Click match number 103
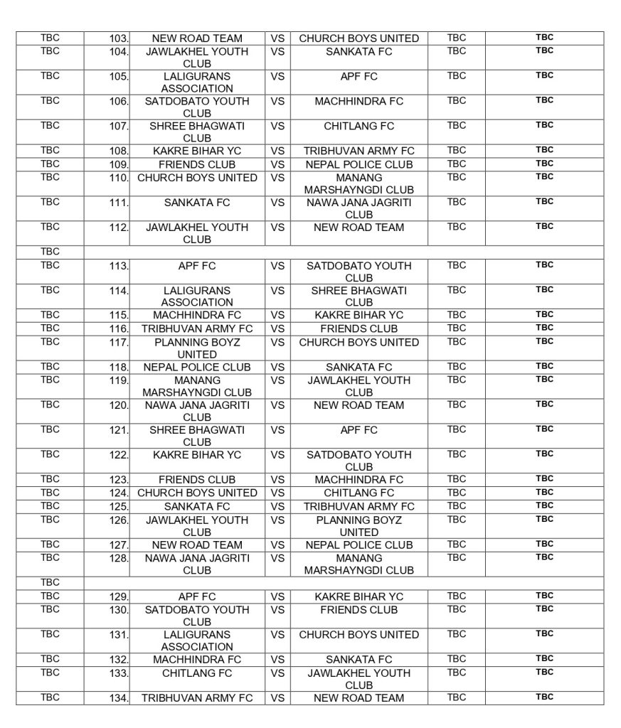click(119, 38)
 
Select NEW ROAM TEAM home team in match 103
click(197, 38)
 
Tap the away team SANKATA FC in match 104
click(359, 52)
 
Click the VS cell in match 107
click(277, 126)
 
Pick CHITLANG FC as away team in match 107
click(359, 126)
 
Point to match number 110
click(119, 178)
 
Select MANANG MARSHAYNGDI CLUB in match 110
click(359, 183)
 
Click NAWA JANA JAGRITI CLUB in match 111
click(359, 208)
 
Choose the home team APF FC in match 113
click(197, 266)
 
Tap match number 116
click(119, 329)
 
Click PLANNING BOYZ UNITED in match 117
click(197, 348)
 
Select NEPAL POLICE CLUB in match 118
click(197, 368)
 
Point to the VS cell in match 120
click(277, 405)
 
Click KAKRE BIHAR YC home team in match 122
click(197, 455)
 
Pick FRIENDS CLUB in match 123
click(197, 480)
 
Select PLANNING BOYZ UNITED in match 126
click(359, 525)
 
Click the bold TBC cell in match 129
click(544, 596)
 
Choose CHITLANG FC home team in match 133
click(197, 673)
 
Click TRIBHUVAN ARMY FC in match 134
click(197, 698)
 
